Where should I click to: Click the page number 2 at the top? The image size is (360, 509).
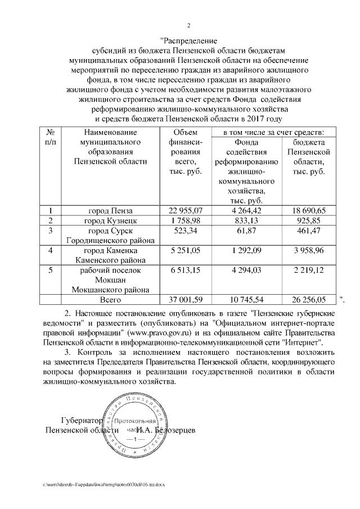pyautogui.click(x=188, y=25)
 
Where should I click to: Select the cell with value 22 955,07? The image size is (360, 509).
pyautogui.click(x=185, y=210)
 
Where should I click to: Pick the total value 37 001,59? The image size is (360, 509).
pyautogui.click(x=185, y=300)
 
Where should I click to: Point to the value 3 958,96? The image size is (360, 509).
pyautogui.click(x=307, y=250)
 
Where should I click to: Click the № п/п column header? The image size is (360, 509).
pyautogui.click(x=50, y=137)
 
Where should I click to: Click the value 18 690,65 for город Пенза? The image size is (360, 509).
pyautogui.click(x=307, y=210)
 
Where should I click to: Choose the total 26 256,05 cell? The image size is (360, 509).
pyautogui.click(x=307, y=300)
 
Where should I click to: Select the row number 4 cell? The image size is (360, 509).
pyautogui.click(x=50, y=250)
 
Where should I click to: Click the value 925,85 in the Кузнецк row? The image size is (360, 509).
pyautogui.click(x=307, y=220)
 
